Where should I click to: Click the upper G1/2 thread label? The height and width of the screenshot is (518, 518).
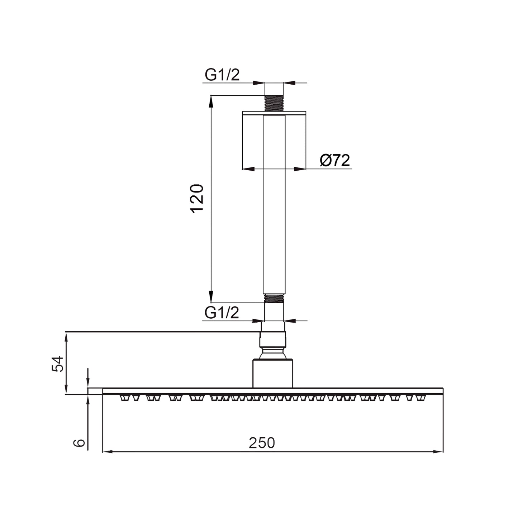222,75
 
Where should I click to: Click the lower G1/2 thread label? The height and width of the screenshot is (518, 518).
222,313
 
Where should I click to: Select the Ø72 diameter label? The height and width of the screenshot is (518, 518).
335,160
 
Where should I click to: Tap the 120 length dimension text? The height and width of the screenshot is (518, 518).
197,199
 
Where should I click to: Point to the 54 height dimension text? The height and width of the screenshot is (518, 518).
57,364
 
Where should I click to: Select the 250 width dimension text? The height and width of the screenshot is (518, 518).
262,443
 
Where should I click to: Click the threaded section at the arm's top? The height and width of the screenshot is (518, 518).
274,103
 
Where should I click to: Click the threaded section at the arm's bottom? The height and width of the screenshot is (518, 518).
274,298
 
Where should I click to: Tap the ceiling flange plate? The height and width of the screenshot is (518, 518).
274,113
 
